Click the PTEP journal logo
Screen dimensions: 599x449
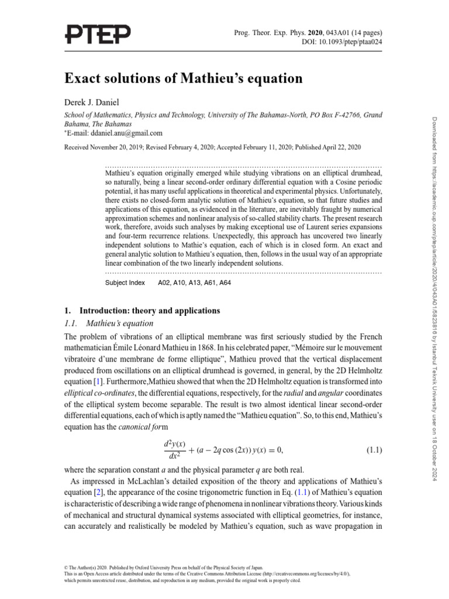99,36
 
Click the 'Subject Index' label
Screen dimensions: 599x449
125,283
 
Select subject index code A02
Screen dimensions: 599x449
165,283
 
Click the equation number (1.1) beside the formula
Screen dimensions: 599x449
374,450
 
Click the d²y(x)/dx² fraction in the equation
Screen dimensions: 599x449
174,450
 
